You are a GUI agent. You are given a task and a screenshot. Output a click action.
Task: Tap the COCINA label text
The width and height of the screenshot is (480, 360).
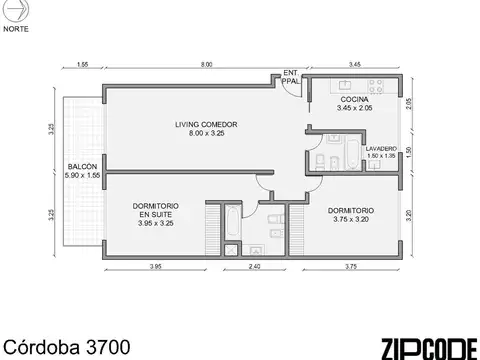click(354, 100)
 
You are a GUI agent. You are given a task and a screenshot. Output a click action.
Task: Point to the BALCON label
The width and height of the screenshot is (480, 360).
click(82, 167)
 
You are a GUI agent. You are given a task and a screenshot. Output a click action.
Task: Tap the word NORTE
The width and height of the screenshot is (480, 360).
click(16, 29)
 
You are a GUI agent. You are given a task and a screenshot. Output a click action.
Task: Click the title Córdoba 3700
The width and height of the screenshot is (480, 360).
click(65, 346)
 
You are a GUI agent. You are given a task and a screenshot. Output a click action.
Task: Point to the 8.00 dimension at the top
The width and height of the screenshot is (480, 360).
click(205, 66)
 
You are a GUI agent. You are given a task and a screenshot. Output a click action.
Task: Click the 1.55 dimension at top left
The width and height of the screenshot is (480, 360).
click(82, 66)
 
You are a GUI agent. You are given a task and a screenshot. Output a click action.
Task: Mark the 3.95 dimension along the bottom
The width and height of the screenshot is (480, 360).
click(156, 267)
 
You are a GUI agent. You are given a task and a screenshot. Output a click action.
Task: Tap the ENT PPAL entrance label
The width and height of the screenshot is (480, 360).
click(291, 77)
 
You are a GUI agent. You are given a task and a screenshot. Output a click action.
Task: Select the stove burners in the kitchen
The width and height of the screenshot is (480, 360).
click(382, 83)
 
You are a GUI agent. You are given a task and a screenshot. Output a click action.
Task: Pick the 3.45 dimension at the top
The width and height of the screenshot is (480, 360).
click(354, 66)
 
